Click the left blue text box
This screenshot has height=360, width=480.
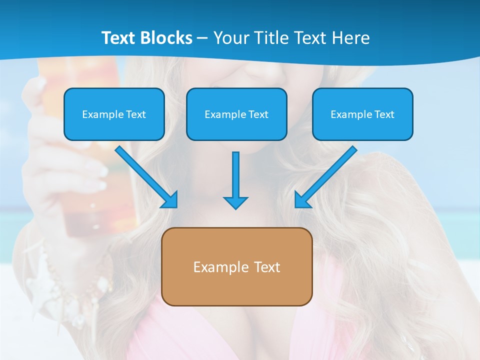pos(114,114)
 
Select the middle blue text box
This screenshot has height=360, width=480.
pos(236,114)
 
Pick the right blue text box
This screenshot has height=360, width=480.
pos(362,114)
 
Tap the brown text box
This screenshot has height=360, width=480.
pos(237,266)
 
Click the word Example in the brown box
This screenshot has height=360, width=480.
pos(214,267)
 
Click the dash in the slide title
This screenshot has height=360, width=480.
pos(202,38)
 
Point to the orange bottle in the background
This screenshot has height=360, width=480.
pos(90,150)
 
